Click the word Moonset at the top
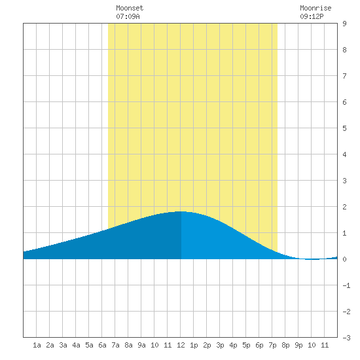pyautogui.click(x=130, y=8)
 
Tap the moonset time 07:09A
pyautogui.click(x=128, y=16)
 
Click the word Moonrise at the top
pyautogui.click(x=315, y=8)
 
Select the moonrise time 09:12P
pyautogui.click(x=312, y=16)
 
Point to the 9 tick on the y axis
pyautogui.click(x=344, y=24)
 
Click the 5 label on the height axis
pyautogui.click(x=344, y=128)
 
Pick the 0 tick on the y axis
pyautogui.click(x=344, y=259)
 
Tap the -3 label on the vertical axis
pyautogui.click(x=346, y=338)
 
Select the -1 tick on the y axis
pyautogui.click(x=346, y=285)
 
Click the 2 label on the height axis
pyautogui.click(x=344, y=207)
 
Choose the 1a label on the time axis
pyautogui.click(x=37, y=345)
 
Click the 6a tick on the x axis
pyautogui.click(x=102, y=345)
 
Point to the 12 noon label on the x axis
pyautogui.click(x=181, y=345)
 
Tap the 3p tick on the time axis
pyautogui.click(x=220, y=345)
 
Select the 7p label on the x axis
pyautogui.click(x=272, y=345)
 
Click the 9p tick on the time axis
pyautogui.click(x=298, y=345)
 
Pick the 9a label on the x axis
pyautogui.click(x=141, y=345)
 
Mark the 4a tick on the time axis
pyautogui.click(x=76, y=345)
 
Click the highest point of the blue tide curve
pyautogui.click(x=181, y=211)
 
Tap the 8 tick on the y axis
pyautogui.click(x=344, y=50)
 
